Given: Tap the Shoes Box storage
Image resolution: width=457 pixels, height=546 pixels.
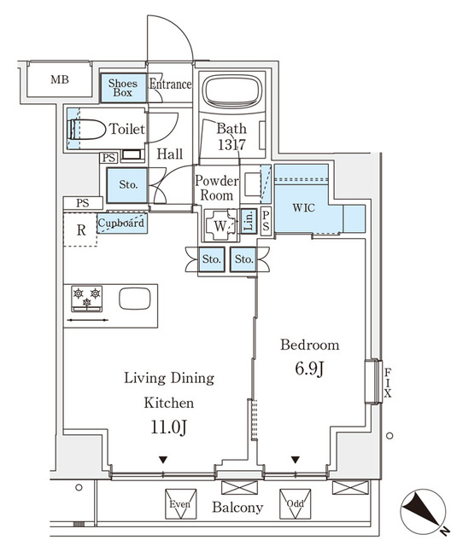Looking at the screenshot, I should click(x=123, y=88).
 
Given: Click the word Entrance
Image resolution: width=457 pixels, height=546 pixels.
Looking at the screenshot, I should click(x=170, y=84).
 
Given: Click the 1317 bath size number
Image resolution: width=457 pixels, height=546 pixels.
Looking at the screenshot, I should click(x=231, y=145).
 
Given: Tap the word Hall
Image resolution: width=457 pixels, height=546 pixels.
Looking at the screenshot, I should click(x=170, y=155).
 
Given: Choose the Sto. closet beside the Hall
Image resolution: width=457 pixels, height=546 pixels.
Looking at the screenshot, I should click(x=128, y=183).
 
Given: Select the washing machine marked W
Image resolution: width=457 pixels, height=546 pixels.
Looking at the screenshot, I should click(x=220, y=225).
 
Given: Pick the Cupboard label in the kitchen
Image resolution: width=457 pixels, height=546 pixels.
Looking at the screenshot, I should click(x=120, y=224).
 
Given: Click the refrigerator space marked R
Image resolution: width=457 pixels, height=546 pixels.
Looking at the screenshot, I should click(x=80, y=229).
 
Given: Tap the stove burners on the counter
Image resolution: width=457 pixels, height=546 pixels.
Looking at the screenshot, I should click(x=86, y=299).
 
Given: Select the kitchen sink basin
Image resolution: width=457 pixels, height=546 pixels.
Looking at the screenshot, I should click(x=134, y=299).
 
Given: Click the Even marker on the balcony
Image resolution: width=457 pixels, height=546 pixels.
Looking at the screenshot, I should click(x=179, y=505).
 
